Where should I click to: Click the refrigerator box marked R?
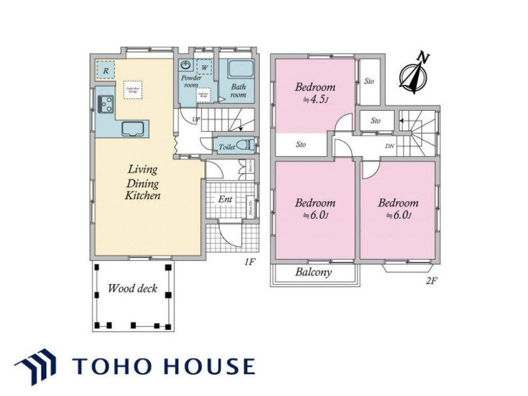coord(106,70)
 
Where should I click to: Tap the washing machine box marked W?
coord(204,68)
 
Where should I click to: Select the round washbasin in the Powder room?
coord(186,65)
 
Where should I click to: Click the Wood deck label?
coord(133,289)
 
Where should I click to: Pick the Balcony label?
coord(313,272)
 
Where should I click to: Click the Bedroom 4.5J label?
coord(315,93)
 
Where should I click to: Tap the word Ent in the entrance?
coord(225,199)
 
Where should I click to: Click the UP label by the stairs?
coord(196,120)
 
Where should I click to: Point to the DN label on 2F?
coord(390,146)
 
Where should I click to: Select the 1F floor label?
coord(250,262)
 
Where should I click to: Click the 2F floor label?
coord(432,282)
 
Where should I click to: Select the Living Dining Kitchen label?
coord(143,183)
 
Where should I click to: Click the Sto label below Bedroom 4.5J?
coord(301,145)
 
